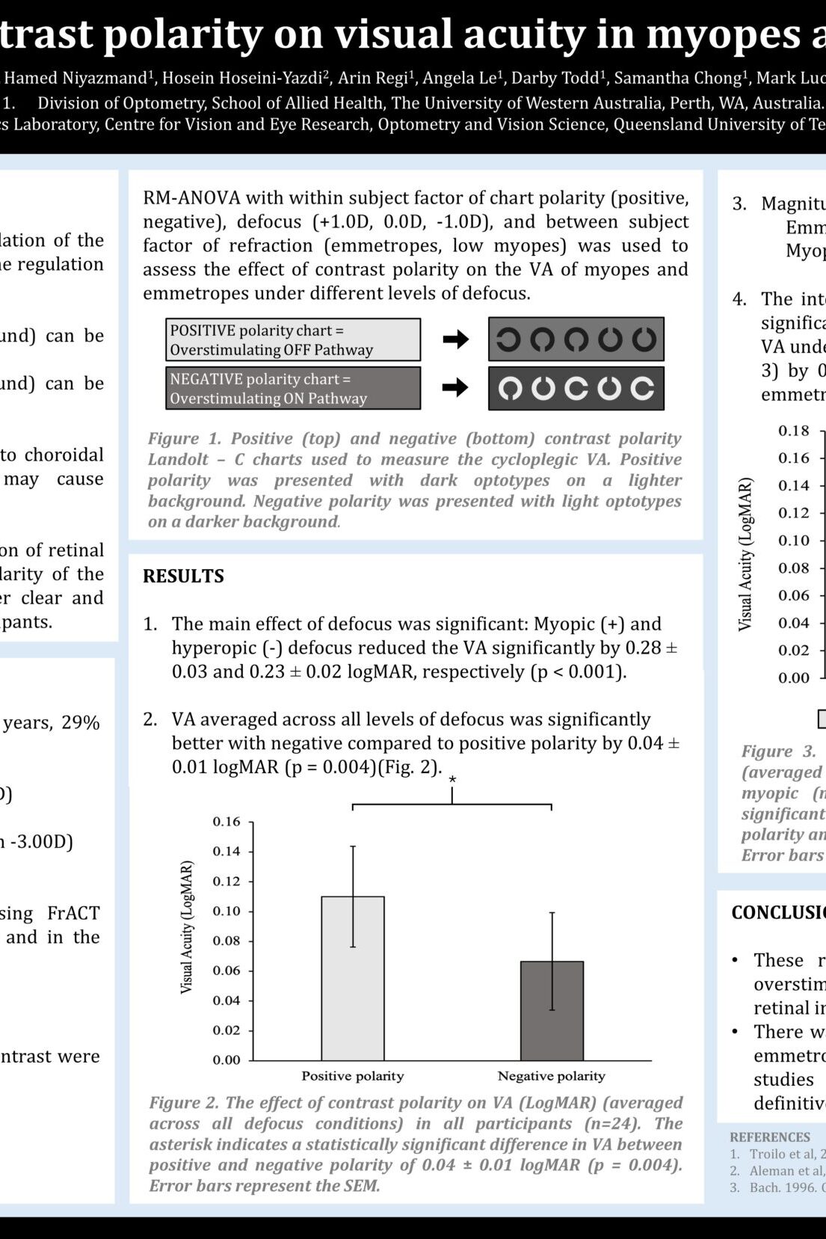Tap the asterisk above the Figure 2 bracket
tap(452, 780)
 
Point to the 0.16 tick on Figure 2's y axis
tap(226, 822)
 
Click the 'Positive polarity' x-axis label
tap(353, 1076)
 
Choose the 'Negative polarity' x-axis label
tap(552, 1076)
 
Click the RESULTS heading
tap(183, 576)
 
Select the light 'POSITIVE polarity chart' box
tap(293, 339)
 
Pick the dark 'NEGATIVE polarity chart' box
tap(293, 388)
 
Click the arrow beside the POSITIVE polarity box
tap(455, 339)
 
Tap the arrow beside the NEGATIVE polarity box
tap(455, 387)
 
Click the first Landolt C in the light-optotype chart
tap(510, 388)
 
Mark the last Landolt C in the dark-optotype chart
tap(644, 339)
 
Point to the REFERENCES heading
tap(770, 1137)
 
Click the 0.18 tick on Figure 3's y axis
tap(793, 431)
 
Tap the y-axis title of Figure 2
tap(187, 927)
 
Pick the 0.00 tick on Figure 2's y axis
tap(226, 1060)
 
